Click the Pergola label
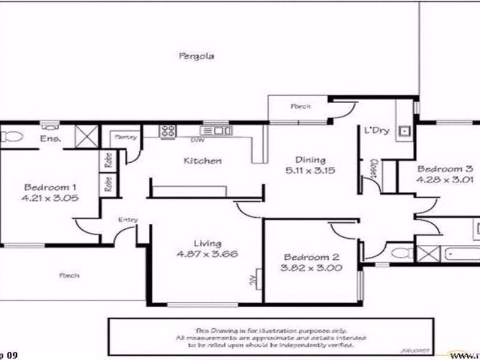tap(197, 56)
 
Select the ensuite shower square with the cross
tap(85, 136)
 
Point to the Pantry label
tap(124, 137)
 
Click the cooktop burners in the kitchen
tap(167, 130)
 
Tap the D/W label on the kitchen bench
tap(196, 140)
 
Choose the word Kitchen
tap(202, 161)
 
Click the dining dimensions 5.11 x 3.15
tap(310, 170)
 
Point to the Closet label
tap(373, 169)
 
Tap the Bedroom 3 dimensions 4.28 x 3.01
tap(446, 179)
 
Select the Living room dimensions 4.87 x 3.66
tap(207, 254)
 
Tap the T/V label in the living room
tap(253, 280)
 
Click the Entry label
tap(128, 220)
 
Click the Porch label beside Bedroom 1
tap(69, 275)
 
